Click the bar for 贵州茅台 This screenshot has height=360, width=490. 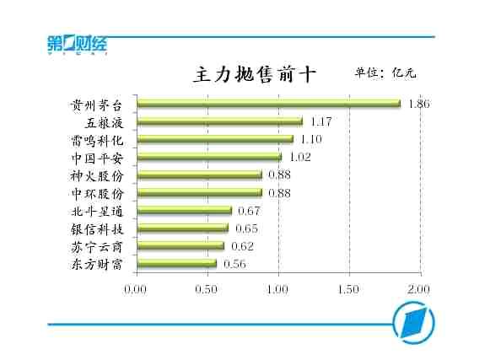269,104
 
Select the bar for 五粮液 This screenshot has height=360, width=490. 220,121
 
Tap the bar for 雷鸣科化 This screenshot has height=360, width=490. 215,139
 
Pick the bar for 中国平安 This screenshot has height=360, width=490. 209,157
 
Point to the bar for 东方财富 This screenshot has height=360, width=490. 177,264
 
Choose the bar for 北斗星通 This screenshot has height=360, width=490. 185,210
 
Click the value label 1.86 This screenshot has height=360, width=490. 419,104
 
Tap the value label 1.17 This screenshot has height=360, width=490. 321,121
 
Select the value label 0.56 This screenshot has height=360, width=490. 234,264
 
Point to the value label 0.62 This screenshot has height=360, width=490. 242,246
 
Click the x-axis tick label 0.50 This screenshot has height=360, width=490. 206,289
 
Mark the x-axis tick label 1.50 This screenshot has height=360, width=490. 349,289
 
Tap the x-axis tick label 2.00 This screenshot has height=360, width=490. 418,289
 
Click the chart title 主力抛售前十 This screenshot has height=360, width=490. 255,74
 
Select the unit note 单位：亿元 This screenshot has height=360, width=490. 385,73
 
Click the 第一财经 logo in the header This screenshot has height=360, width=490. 78,45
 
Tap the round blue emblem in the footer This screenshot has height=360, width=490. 413,322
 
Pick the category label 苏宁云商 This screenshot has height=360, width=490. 97,247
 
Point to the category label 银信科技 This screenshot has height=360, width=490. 97,229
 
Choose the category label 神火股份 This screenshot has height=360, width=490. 97,176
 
